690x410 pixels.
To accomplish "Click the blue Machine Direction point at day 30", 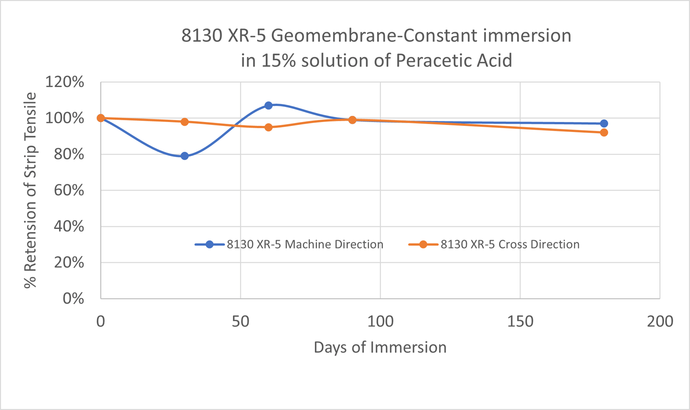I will coord(185,156).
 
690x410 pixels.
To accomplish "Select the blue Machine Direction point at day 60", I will coord(268,105).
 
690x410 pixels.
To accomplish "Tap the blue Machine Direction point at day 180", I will coord(604,123).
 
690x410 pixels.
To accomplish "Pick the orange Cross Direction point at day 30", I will coord(185,122).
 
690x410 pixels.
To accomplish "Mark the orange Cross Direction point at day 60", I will coord(268,127).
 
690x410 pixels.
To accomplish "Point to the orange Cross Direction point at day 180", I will coord(604,132).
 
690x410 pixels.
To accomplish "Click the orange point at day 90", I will coord(352,120).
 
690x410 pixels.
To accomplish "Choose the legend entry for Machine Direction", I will coord(289,244).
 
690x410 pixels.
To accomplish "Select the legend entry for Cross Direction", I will coord(494,244).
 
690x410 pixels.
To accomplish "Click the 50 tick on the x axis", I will coord(240,321).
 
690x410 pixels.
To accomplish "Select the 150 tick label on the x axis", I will coord(520,321).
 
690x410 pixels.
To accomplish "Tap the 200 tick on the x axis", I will coord(659,321).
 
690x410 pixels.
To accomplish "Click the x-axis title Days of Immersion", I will coord(380,347).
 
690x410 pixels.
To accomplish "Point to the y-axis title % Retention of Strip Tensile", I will coord(30,190).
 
